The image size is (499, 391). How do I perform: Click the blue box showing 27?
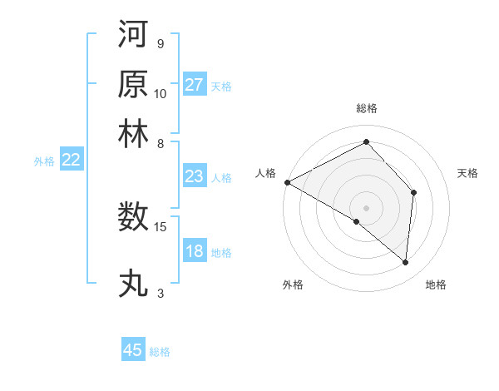194,85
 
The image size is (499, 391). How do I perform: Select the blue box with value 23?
194,176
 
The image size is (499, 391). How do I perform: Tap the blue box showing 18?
194,251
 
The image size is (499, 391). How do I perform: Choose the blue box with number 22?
71,161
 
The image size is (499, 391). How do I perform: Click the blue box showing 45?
133,350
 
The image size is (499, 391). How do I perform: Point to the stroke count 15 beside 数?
161,226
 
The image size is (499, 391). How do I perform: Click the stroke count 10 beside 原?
161,94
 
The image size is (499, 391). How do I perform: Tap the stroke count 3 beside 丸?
161,293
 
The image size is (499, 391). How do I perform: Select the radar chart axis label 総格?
367,108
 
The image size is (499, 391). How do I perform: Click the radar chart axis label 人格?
266,173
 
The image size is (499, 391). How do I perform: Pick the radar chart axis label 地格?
436,285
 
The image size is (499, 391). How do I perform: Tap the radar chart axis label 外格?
293,285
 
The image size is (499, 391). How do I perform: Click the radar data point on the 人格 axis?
287,182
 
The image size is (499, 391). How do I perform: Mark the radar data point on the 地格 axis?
405,262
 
